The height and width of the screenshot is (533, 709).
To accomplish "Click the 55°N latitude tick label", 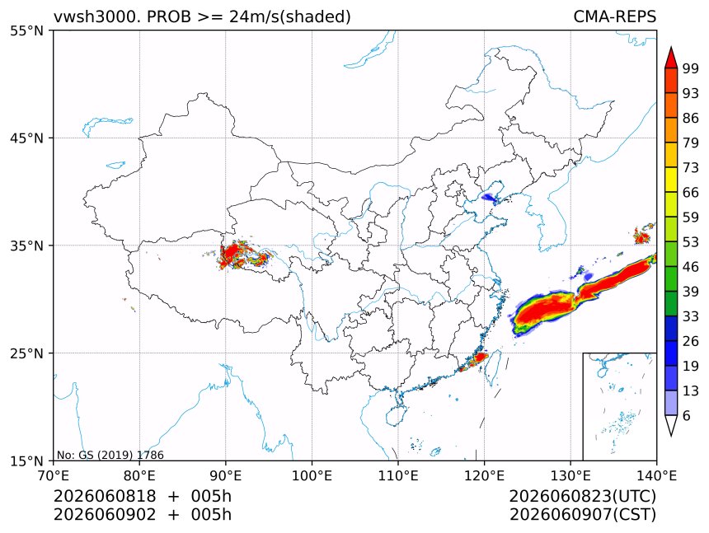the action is click(x=26, y=31).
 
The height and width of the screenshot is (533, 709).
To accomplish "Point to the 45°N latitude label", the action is click(x=26, y=138).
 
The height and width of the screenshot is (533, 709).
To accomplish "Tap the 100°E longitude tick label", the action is click(x=312, y=475).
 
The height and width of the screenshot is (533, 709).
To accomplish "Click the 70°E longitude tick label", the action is click(x=54, y=475).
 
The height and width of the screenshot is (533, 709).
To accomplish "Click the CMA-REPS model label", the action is click(x=614, y=16).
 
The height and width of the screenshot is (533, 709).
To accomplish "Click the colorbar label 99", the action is click(x=691, y=68).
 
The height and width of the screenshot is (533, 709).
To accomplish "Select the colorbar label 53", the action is click(x=691, y=242).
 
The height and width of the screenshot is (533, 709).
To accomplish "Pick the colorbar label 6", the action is click(x=687, y=416).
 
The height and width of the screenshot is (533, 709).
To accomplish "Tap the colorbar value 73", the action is click(x=691, y=168).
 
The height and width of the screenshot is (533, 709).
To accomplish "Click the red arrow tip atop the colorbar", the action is click(x=671, y=47).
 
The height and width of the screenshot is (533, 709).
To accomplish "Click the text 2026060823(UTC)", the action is click(x=582, y=497).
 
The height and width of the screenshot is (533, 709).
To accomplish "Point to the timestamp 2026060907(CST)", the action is click(x=582, y=515).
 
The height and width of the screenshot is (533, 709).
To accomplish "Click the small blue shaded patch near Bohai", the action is click(x=489, y=197).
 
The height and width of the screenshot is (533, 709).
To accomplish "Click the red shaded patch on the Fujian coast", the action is click(x=476, y=359).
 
